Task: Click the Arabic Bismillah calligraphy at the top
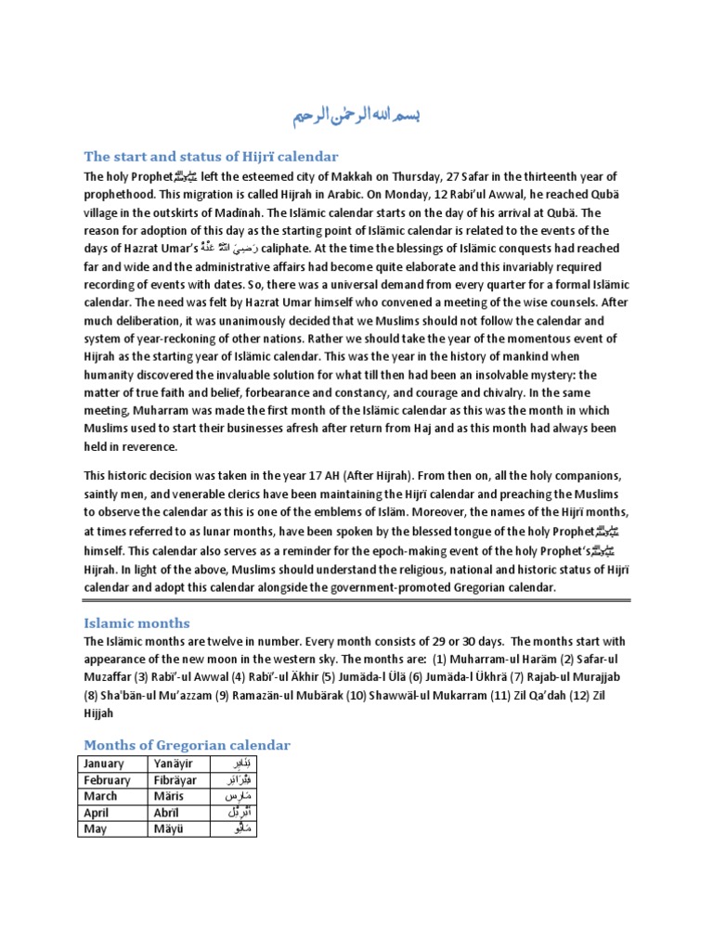357,115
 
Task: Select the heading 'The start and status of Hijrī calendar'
211,156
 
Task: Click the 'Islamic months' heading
136,623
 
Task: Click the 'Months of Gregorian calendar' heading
187,745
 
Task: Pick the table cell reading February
108,780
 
